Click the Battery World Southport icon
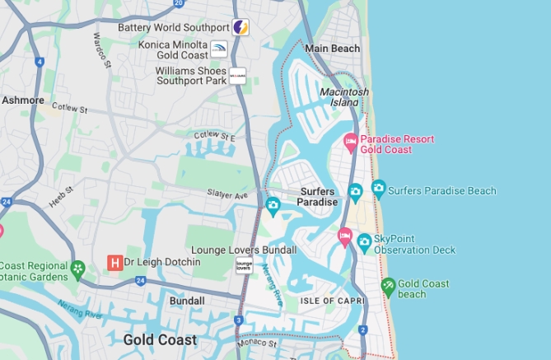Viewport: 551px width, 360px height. (x=240, y=27)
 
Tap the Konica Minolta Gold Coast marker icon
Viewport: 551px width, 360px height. (x=219, y=49)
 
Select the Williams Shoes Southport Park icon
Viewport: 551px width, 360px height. (x=237, y=76)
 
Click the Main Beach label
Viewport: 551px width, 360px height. (x=333, y=49)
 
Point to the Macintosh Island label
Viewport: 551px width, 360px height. (x=344, y=96)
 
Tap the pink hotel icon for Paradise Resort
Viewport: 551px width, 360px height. (x=350, y=144)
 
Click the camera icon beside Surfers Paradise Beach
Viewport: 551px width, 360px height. (x=379, y=189)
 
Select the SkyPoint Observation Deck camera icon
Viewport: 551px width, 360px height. (x=364, y=242)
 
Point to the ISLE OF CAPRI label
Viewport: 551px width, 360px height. (x=331, y=301)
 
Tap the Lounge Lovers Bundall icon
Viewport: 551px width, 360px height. (x=244, y=265)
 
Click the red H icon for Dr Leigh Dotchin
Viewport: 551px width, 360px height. (x=115, y=263)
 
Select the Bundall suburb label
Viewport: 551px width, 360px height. (x=187, y=302)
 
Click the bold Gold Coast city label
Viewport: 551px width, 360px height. (x=160, y=339)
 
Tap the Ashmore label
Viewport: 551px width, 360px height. (x=23, y=100)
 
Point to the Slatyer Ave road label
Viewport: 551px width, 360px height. (x=228, y=195)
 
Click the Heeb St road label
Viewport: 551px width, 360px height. (x=61, y=201)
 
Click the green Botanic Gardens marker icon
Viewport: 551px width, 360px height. (x=77, y=269)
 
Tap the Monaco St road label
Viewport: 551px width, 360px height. (x=257, y=342)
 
